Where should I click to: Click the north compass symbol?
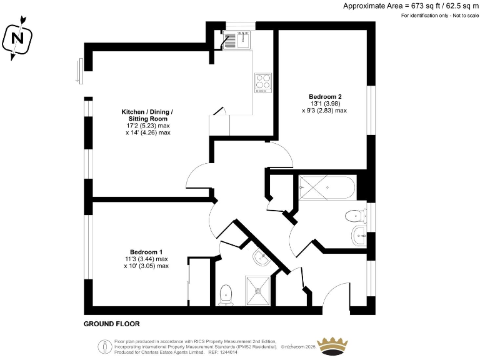tap(17, 39)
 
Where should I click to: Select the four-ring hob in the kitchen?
tap(263, 82)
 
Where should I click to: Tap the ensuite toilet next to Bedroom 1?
tap(226, 294)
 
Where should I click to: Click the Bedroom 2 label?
tap(325, 96)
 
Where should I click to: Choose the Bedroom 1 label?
tap(146, 252)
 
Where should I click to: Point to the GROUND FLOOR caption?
tap(111, 324)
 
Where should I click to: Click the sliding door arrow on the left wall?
tap(78, 70)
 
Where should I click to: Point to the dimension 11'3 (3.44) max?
tap(146, 259)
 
